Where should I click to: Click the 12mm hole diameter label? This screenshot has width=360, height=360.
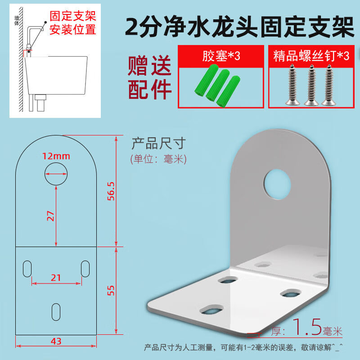(56, 156)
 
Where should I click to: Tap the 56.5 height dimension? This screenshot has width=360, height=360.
(111, 191)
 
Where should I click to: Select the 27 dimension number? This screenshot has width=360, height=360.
(50, 216)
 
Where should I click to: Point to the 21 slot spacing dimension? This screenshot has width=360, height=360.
(56, 278)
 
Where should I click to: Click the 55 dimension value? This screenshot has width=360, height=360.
(111, 290)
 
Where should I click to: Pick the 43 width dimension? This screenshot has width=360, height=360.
(56, 341)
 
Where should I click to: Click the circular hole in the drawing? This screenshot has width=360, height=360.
(56, 174)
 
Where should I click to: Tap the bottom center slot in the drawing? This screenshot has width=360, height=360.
(56, 312)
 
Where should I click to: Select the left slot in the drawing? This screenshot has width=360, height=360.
(27, 269)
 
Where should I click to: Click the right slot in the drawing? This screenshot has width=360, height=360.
(85, 269)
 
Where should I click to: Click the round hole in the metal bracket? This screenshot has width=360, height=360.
(277, 184)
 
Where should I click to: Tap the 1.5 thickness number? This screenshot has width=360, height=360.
(307, 327)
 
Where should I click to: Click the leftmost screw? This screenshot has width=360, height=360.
(292, 85)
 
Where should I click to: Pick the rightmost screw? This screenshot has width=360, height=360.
(329, 85)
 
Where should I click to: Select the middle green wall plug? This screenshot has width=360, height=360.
(217, 85)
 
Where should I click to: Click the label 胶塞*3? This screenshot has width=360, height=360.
(221, 56)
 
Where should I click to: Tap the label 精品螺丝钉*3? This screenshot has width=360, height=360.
(311, 56)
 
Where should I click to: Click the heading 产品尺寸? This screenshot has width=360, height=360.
(159, 143)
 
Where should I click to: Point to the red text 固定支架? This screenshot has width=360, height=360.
(73, 16)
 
